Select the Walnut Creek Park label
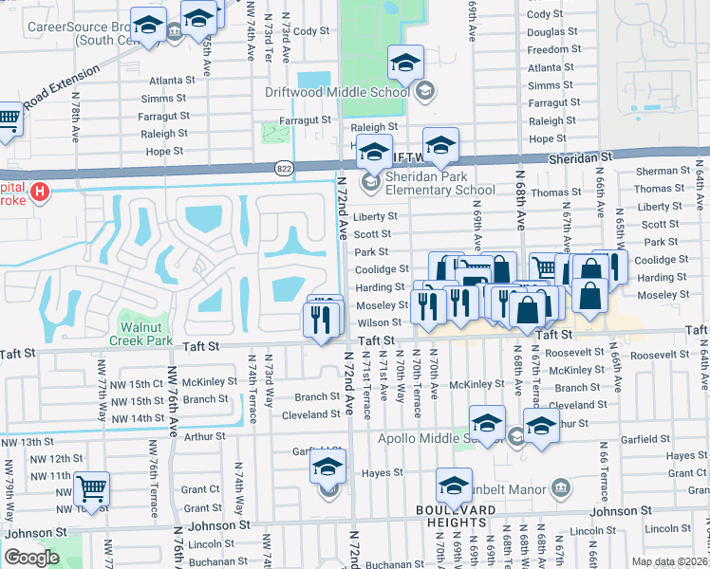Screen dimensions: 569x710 (140, 333)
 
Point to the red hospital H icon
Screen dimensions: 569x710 (39, 193)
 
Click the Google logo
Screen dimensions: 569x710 (31, 558)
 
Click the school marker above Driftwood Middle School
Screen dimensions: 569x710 (405, 64)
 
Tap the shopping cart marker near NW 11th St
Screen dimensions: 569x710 (92, 489)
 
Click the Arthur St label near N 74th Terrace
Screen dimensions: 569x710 (205, 436)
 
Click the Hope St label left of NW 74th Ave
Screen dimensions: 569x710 (164, 151)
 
